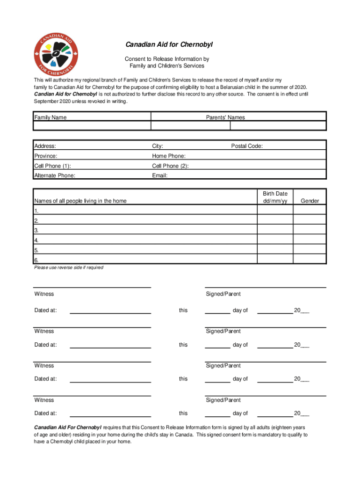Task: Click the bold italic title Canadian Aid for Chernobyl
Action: [169, 45]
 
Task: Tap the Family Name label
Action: [50, 117]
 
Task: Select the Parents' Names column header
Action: [225, 117]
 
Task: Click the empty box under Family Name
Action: [92, 126]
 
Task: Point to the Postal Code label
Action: [247, 146]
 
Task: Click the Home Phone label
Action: [169, 156]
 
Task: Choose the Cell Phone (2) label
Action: [171, 166]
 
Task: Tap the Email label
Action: [160, 176]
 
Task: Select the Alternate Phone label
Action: [55, 176]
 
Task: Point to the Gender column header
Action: [310, 201]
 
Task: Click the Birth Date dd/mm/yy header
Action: [275, 197]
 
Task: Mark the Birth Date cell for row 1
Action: [275, 210]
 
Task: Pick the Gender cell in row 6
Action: [310, 260]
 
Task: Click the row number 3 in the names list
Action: [36, 230]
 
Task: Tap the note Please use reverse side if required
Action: [69, 268]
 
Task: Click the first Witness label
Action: [44, 294]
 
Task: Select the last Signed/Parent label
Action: [223, 400]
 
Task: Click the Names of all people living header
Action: [80, 201]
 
